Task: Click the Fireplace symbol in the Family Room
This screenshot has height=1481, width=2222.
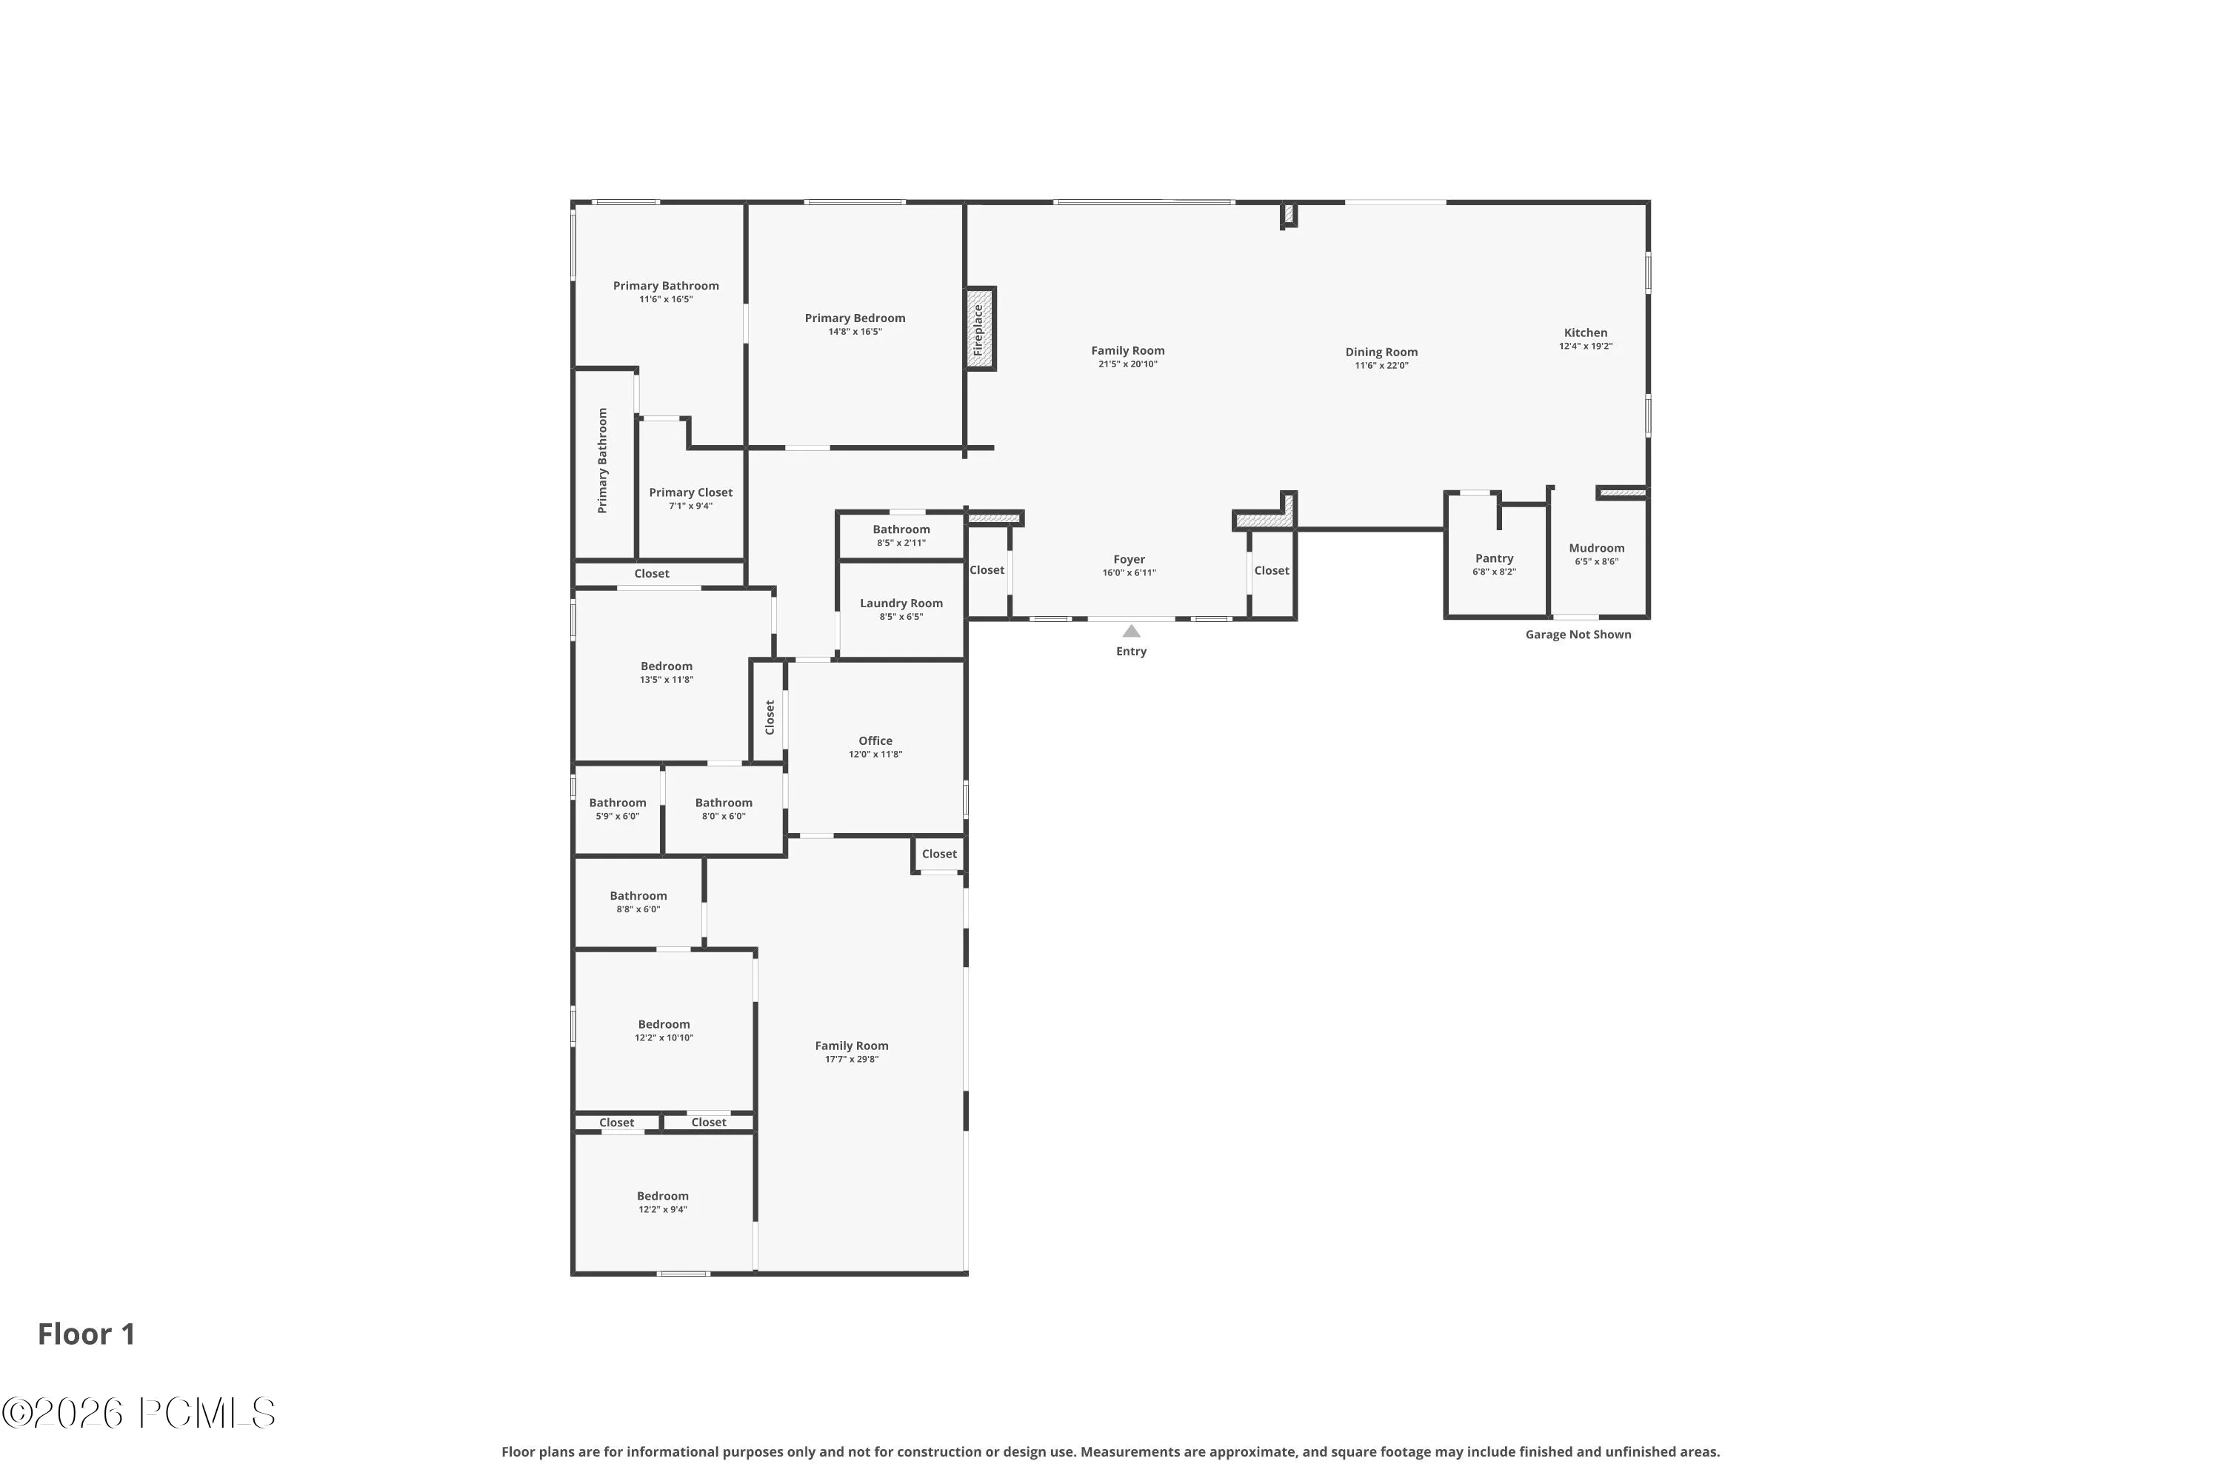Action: point(980,329)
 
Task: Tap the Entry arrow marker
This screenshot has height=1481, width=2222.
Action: point(1131,631)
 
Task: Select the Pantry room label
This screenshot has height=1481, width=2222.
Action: point(1495,558)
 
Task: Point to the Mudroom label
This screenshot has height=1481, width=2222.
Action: point(1597,548)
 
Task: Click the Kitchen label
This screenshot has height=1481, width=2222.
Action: point(1585,332)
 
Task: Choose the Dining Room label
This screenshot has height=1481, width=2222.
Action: point(1381,352)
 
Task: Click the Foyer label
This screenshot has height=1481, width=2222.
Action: point(1129,559)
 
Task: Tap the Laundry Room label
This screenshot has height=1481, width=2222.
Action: point(901,604)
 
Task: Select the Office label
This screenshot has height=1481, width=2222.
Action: point(875,740)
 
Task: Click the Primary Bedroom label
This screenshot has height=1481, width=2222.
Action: point(855,318)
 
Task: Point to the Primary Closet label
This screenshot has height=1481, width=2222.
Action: point(690,492)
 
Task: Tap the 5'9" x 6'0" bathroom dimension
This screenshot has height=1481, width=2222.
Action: point(618,816)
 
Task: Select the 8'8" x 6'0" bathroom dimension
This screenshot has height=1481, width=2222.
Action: point(638,909)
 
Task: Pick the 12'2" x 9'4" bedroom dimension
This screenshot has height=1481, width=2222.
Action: point(662,1209)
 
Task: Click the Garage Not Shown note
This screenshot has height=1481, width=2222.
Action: point(1578,635)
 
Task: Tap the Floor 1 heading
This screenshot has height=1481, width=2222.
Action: point(87,1334)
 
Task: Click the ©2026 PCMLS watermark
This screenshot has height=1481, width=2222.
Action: point(139,1413)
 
